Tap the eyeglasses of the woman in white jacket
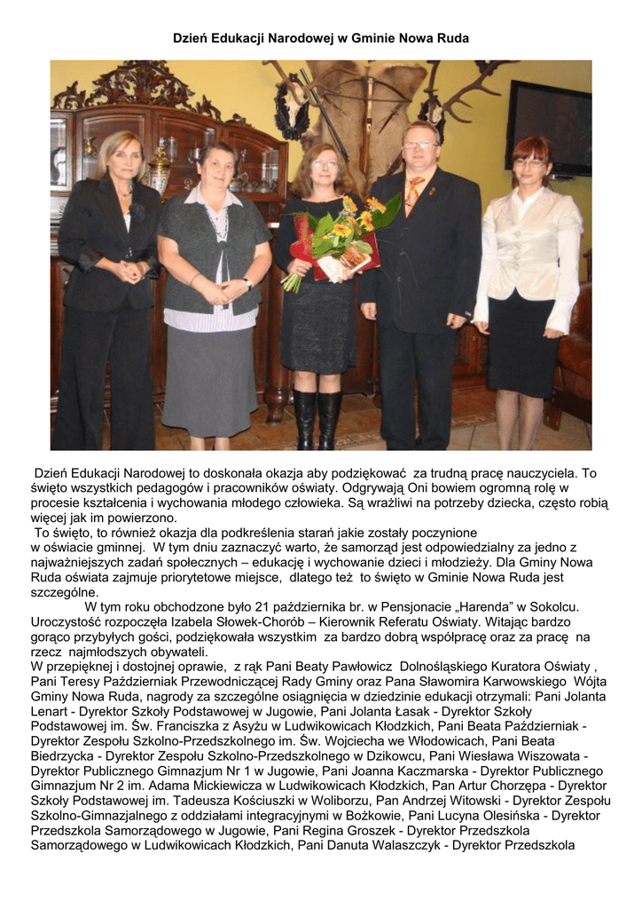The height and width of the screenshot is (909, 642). pos(530,162)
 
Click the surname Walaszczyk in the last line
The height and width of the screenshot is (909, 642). pos(397,846)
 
